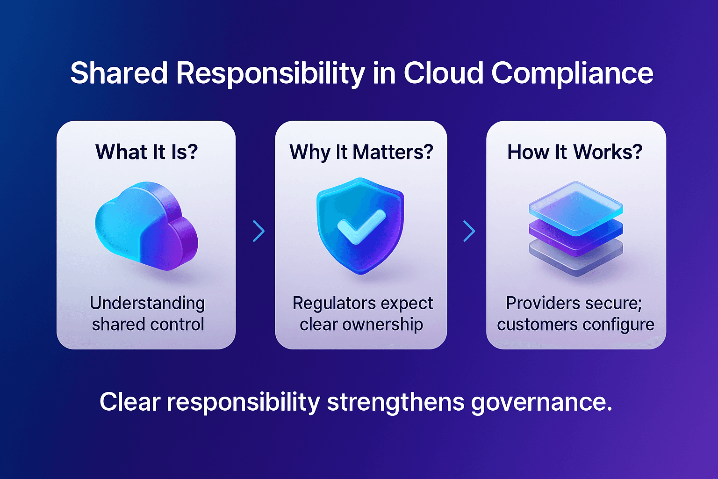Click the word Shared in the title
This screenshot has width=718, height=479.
(119, 73)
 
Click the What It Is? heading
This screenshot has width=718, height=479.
(146, 152)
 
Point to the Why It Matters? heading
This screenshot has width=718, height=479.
(361, 152)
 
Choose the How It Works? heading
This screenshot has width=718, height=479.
(575, 152)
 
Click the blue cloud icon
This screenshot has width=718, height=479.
(146, 225)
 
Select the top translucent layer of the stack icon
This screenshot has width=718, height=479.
(575, 207)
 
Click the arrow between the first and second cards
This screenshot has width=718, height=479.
(258, 231)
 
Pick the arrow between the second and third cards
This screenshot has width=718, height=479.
(469, 231)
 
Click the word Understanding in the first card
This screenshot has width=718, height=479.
(147, 303)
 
